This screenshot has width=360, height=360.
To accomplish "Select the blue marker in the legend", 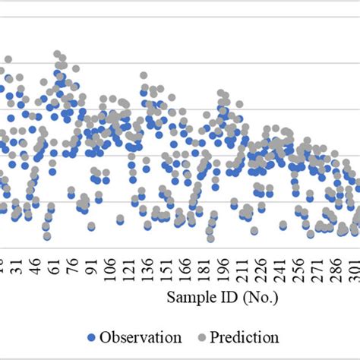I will click(x=93, y=337).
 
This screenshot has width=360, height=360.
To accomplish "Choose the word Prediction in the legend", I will click(x=245, y=336).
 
